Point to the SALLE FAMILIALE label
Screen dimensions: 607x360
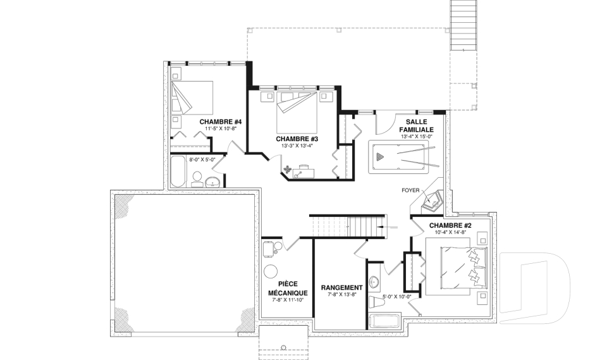[416, 126]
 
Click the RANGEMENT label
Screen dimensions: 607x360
[342, 287]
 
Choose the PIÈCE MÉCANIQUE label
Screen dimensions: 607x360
[288, 289]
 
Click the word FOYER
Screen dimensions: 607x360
[410, 190]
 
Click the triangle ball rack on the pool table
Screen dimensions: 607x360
[380, 157]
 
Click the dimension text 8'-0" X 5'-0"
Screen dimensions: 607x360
[202, 159]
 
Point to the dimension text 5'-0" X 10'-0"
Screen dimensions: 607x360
[396, 297]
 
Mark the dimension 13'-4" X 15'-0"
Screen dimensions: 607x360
[416, 137]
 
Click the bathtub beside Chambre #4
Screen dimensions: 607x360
[178, 171]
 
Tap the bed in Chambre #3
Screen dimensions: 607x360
[297, 111]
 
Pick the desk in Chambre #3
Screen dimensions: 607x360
[303, 173]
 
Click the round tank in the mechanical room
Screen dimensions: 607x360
[270, 271]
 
